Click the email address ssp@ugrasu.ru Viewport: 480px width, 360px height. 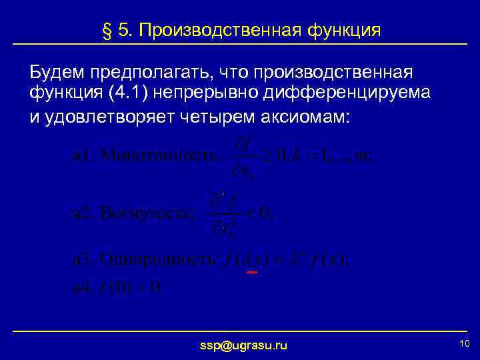244,345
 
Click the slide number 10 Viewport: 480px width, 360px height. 465,343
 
